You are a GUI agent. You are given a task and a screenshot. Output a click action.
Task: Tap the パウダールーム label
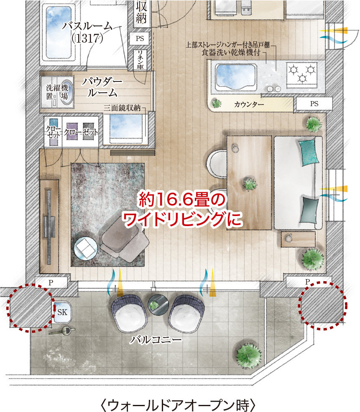tap(102, 87)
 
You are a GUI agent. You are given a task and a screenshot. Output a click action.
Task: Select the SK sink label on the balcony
tap(62, 312)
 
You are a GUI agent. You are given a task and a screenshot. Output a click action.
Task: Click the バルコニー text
tap(156, 340)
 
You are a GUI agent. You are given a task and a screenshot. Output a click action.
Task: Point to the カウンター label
tap(249, 104)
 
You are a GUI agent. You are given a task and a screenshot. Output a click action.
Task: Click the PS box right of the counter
tap(314, 104)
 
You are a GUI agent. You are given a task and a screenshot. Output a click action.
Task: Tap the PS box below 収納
tap(140, 38)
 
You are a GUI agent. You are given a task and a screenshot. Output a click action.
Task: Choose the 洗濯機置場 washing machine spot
tap(57, 92)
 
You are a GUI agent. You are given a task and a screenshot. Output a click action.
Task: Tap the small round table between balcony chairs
tap(158, 305)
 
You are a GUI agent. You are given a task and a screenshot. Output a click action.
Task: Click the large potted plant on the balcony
tap(248, 356)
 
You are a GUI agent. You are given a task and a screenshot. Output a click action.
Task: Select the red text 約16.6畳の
tap(182, 199)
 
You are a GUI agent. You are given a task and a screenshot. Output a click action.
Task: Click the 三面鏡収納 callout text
tap(122, 108)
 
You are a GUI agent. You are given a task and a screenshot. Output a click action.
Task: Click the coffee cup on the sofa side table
tap(289, 238)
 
